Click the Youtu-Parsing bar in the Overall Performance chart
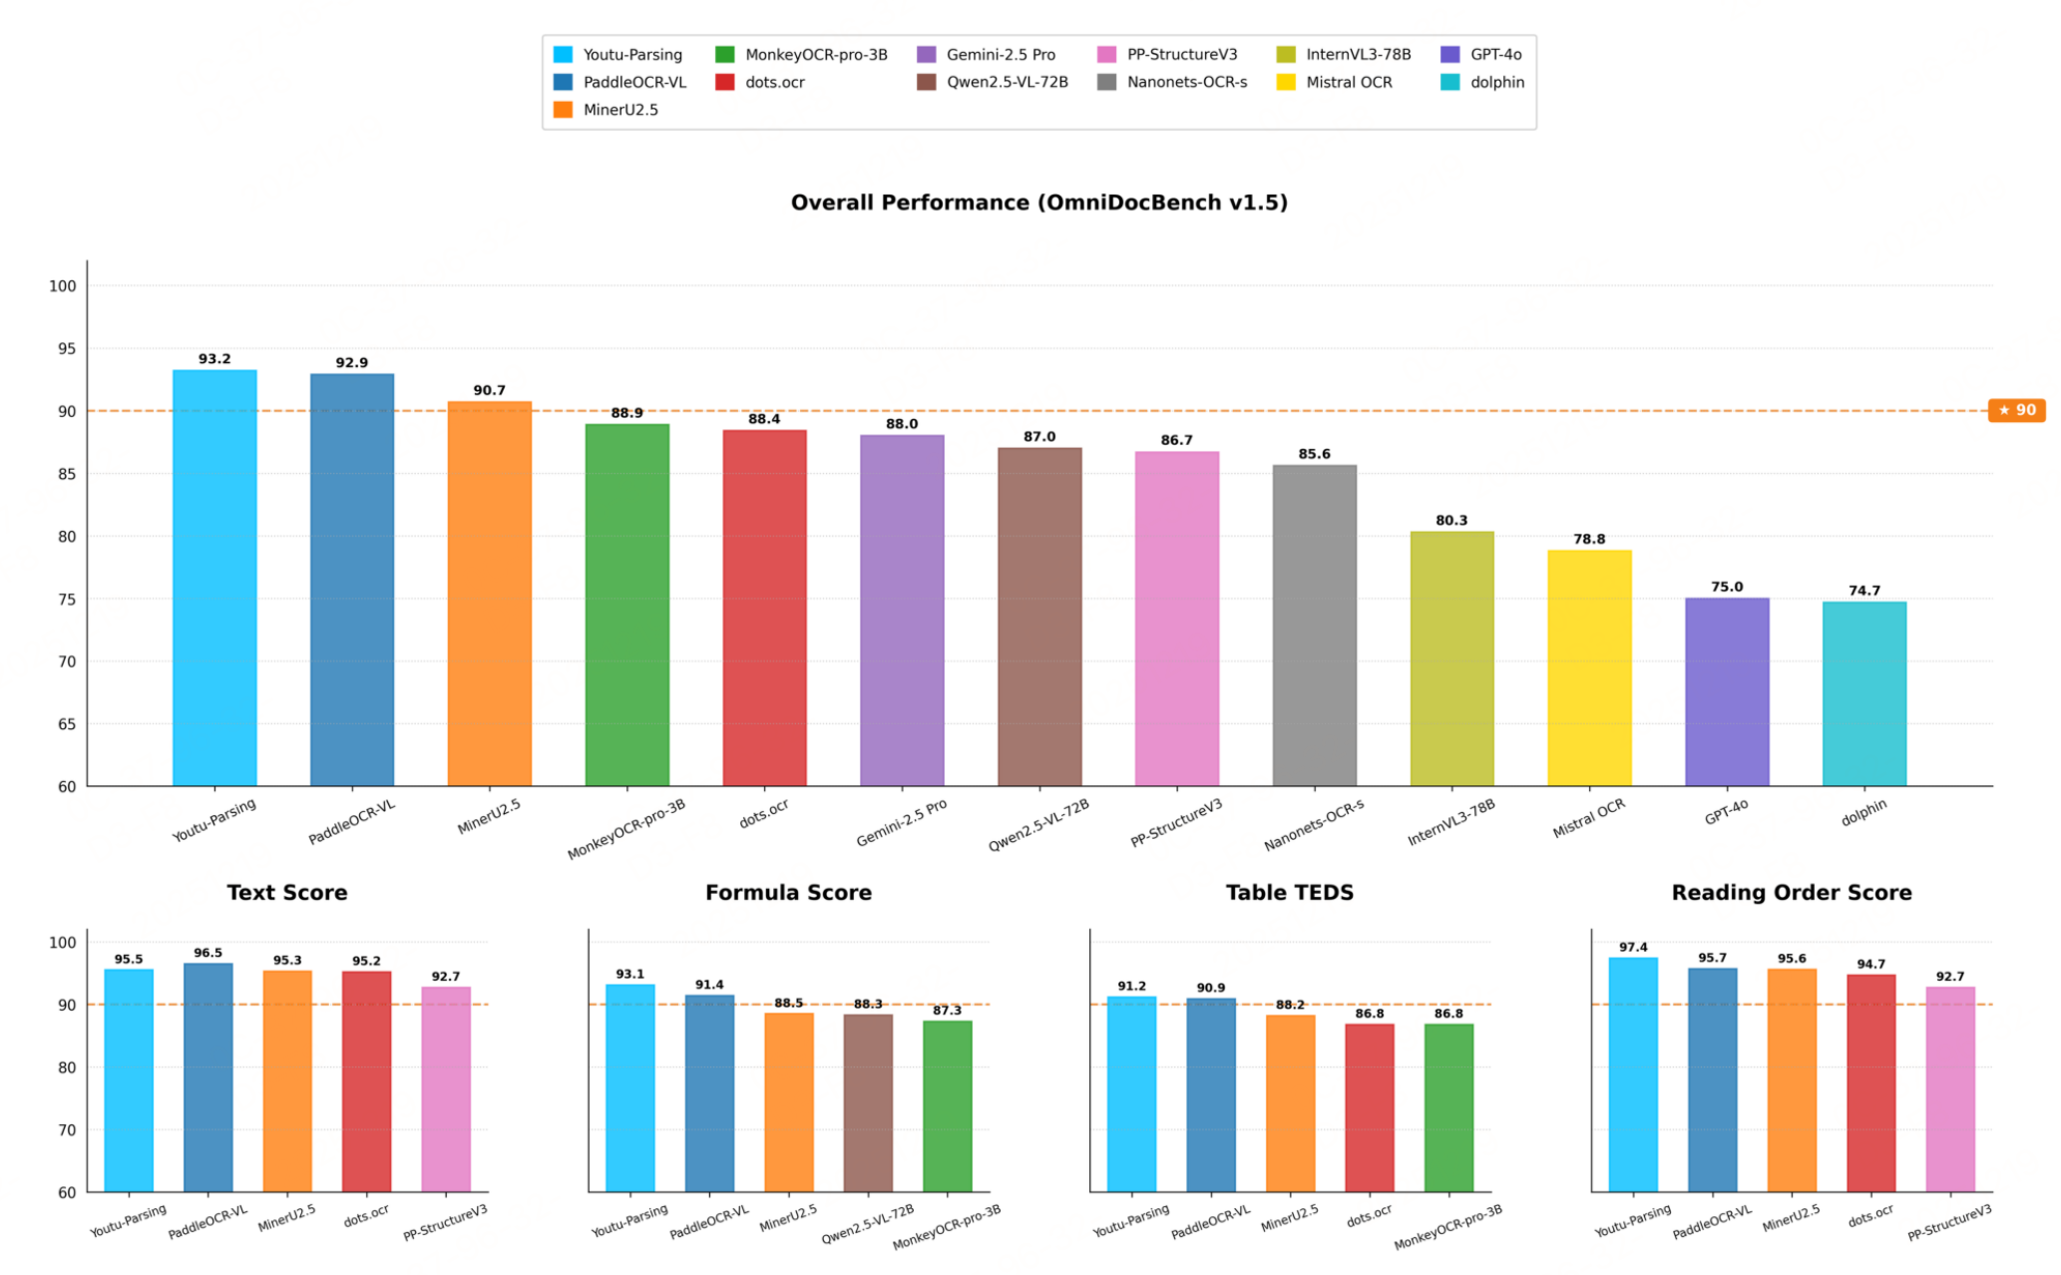[214, 578]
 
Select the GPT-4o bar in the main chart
[1727, 691]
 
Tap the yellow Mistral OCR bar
[1589, 667]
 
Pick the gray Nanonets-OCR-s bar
[1315, 626]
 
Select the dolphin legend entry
[1482, 82]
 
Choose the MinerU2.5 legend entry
[606, 110]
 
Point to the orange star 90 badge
[2016, 410]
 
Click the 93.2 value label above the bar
[214, 359]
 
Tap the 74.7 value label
[1864, 591]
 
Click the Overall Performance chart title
[1039, 203]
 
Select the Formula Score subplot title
[788, 893]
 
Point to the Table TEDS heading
[1290, 893]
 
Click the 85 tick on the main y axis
[66, 474]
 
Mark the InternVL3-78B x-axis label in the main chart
[1451, 823]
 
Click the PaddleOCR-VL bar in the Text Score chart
[208, 1077]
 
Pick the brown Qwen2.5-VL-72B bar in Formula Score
[868, 1103]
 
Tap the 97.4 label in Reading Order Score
[1633, 948]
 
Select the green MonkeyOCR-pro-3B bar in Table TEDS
[1448, 1108]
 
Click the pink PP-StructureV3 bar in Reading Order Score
[1950, 1089]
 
